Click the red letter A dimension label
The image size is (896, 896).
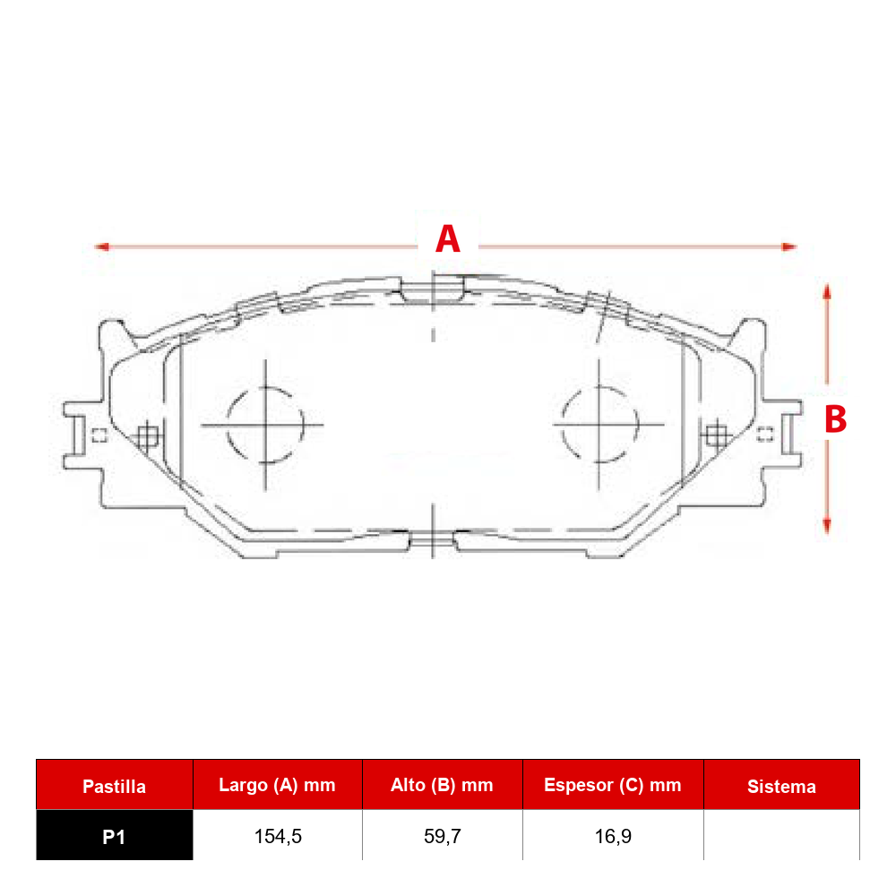tap(447, 239)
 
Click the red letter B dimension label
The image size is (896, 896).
tap(835, 418)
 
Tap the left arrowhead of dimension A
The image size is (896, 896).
tap(102, 247)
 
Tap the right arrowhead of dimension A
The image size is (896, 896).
tap(789, 247)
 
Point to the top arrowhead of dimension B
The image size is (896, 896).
tap(826, 291)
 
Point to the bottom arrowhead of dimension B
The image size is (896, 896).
tap(826, 526)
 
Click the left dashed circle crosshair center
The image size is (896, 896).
tap(265, 425)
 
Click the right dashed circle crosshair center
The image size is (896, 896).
tap(599, 424)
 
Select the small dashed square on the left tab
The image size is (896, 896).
tap(99, 435)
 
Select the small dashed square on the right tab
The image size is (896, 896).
tap(765, 435)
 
